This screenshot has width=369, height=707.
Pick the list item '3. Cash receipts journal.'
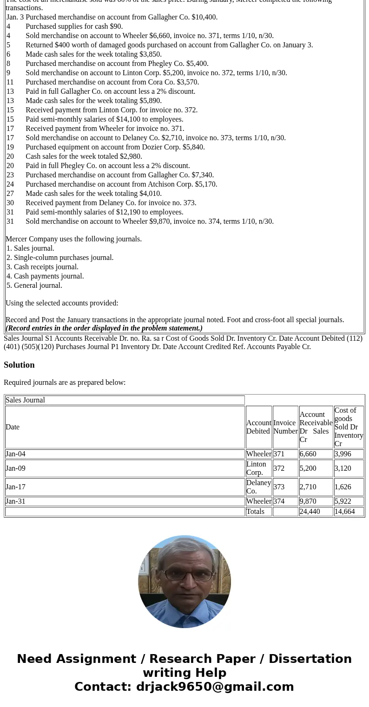pyautogui.click(x=42, y=267)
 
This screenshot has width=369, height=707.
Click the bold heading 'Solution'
pyautogui.click(x=19, y=365)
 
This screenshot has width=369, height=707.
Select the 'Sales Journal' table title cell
pyautogui.click(x=125, y=400)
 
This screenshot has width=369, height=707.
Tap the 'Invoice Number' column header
pyautogui.click(x=285, y=427)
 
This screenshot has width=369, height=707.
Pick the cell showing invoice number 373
pyautogui.click(x=279, y=487)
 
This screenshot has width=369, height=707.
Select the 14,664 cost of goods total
pyautogui.click(x=344, y=512)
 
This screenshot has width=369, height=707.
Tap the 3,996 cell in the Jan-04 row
pyautogui.click(x=343, y=454)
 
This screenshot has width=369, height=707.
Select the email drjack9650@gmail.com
pyautogui.click(x=215, y=687)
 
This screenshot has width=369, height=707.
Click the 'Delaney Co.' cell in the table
pyautogui.click(x=258, y=487)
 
